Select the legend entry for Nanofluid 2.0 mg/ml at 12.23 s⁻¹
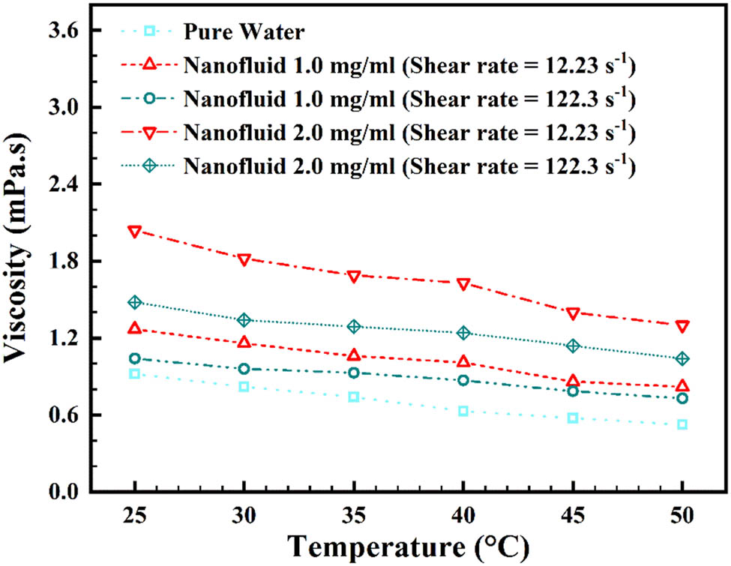[x=409, y=133]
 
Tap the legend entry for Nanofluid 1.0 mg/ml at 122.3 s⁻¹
[x=409, y=100]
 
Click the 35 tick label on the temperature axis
[x=353, y=516]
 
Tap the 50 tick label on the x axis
[x=682, y=516]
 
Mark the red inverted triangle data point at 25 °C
[x=134, y=232]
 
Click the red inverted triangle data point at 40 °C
[x=463, y=284]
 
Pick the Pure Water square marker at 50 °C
[x=682, y=424]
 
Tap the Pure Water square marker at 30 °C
[x=244, y=387]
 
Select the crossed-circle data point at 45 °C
[x=573, y=346]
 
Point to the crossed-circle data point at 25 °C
[x=134, y=302]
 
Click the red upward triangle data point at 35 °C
[x=353, y=355]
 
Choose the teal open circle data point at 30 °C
[x=244, y=369]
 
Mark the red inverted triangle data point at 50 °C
[x=682, y=326]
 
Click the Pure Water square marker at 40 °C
[x=463, y=411]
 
